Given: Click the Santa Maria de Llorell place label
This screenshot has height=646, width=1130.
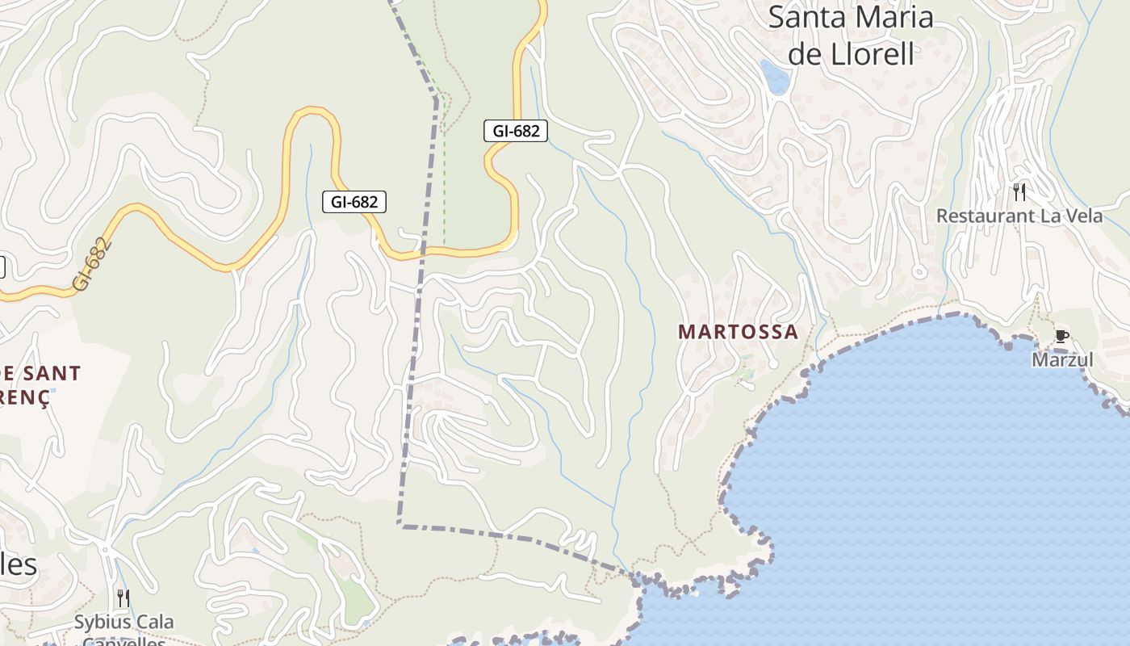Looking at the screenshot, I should pos(851,36).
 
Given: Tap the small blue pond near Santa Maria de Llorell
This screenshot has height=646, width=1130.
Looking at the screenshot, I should pos(775,78).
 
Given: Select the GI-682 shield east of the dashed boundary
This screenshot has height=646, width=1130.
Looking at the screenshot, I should pos(516,130).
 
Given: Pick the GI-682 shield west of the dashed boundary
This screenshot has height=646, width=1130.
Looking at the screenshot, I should pos(354,202).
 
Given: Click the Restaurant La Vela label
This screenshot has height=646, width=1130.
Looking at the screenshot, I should pos(1019,216).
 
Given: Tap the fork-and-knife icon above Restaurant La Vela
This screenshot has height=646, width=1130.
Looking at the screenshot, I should pos(1019,192).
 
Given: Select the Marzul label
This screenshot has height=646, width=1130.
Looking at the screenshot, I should pos(1062,359).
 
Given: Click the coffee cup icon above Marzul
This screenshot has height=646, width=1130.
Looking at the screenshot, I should pos(1061,336).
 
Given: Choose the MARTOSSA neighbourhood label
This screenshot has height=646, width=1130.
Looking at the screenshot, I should pos(739,332).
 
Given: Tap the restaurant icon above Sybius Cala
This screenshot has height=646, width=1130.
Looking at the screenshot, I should pos(123,598).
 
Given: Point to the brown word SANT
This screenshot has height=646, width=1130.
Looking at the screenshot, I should pos(52,374).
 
